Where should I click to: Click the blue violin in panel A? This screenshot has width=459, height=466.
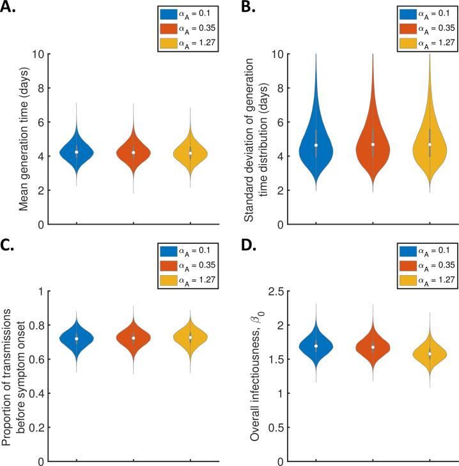point(77,152)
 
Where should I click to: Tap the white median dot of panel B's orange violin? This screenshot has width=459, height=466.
point(373,144)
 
